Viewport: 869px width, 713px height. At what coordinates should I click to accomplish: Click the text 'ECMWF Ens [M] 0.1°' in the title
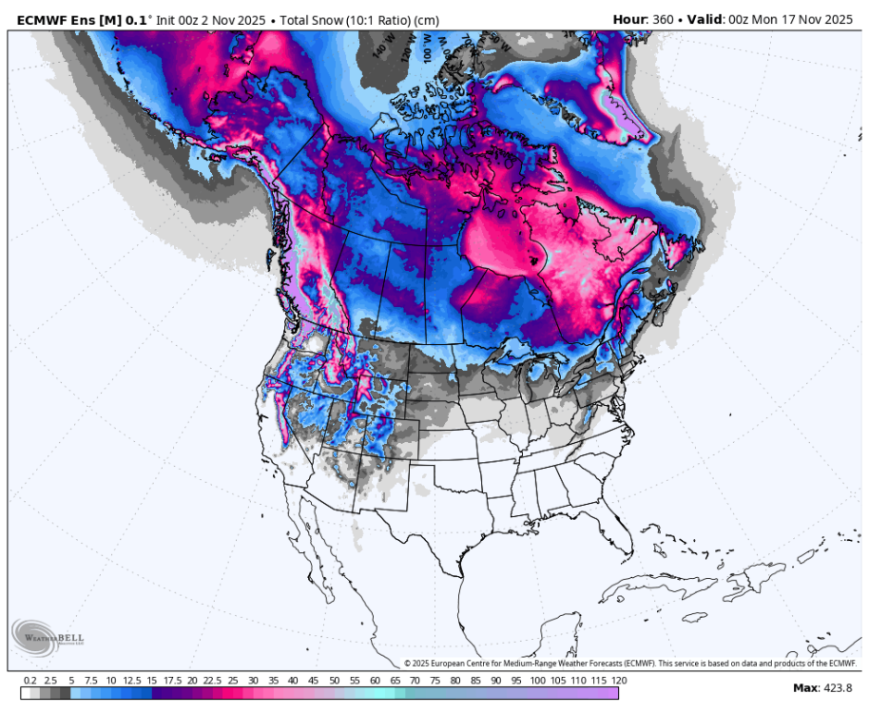click(x=74, y=19)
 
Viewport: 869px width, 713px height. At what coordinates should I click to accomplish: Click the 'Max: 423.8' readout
click(x=822, y=687)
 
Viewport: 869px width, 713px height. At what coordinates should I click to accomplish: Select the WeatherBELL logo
click(x=45, y=636)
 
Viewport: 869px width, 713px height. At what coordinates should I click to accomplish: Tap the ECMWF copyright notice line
click(x=629, y=664)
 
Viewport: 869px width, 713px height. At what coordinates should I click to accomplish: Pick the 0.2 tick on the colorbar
click(x=30, y=681)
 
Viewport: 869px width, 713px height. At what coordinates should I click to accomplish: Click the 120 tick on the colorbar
click(x=620, y=681)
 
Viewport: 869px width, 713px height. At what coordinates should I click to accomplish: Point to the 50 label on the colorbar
click(x=335, y=681)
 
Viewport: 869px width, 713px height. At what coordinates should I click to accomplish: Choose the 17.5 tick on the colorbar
click(x=172, y=681)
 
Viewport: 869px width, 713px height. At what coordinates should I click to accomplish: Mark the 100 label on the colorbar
click(x=538, y=681)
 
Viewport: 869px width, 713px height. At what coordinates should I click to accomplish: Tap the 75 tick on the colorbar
click(x=436, y=681)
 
